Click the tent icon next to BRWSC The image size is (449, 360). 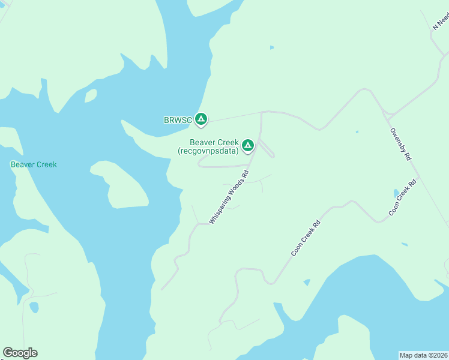click(202, 119)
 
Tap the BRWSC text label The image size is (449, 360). click(178, 120)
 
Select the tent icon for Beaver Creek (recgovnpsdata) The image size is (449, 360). click(247, 145)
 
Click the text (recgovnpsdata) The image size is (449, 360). click(208, 151)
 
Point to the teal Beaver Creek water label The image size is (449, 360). click(34, 164)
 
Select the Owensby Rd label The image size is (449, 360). click(400, 144)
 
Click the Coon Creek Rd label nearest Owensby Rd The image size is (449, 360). click(402, 198)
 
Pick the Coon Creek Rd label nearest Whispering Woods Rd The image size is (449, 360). click(306, 238)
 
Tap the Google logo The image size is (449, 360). click(20, 353)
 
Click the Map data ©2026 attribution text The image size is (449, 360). click(423, 355)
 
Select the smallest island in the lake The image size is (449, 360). click(91, 95)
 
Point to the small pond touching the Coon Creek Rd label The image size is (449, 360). click(396, 193)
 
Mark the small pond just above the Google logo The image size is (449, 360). click(34, 307)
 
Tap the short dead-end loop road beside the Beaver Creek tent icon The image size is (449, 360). click(268, 149)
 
